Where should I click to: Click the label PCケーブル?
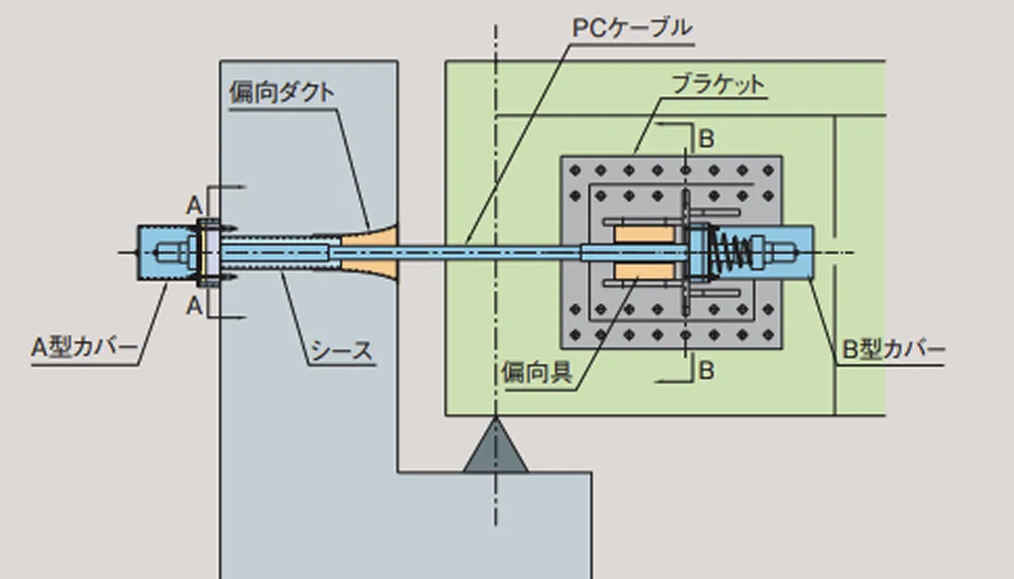(x=632, y=29)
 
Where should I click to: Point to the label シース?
(x=340, y=351)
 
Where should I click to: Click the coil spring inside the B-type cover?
(x=734, y=252)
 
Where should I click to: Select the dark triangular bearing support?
(x=495, y=449)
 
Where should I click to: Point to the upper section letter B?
(x=706, y=140)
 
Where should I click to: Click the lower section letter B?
(x=706, y=370)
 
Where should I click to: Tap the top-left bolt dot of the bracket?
(x=574, y=169)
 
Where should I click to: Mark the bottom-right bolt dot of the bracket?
(x=769, y=334)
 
